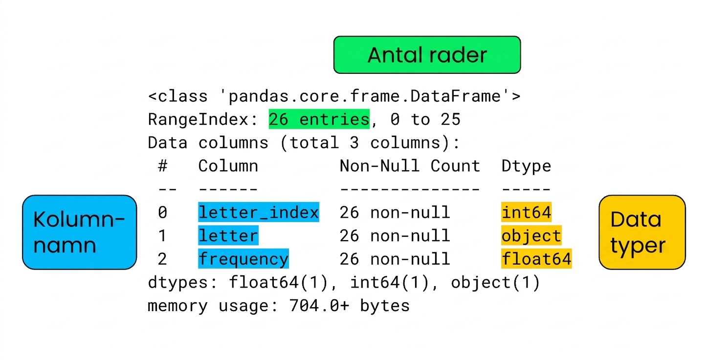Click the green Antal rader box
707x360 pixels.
tap(427, 55)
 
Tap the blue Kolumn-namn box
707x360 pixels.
tap(80, 232)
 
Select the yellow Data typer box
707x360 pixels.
tap(642, 232)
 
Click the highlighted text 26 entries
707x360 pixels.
tap(319, 119)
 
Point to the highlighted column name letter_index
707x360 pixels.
tap(259, 212)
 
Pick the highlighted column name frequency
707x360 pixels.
tap(243, 259)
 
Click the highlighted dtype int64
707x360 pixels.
tap(526, 212)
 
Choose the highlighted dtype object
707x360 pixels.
tap(531, 235)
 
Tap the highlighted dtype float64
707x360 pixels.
tap(536, 259)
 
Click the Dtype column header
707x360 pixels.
tap(526, 166)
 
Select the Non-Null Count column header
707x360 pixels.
tap(410, 166)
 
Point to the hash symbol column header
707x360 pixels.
tap(162, 166)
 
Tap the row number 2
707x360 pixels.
tap(162, 259)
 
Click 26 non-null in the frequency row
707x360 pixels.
tap(395, 259)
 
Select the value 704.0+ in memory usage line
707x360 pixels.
tap(319, 305)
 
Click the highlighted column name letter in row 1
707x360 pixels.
tap(228, 235)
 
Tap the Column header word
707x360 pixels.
tap(228, 166)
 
